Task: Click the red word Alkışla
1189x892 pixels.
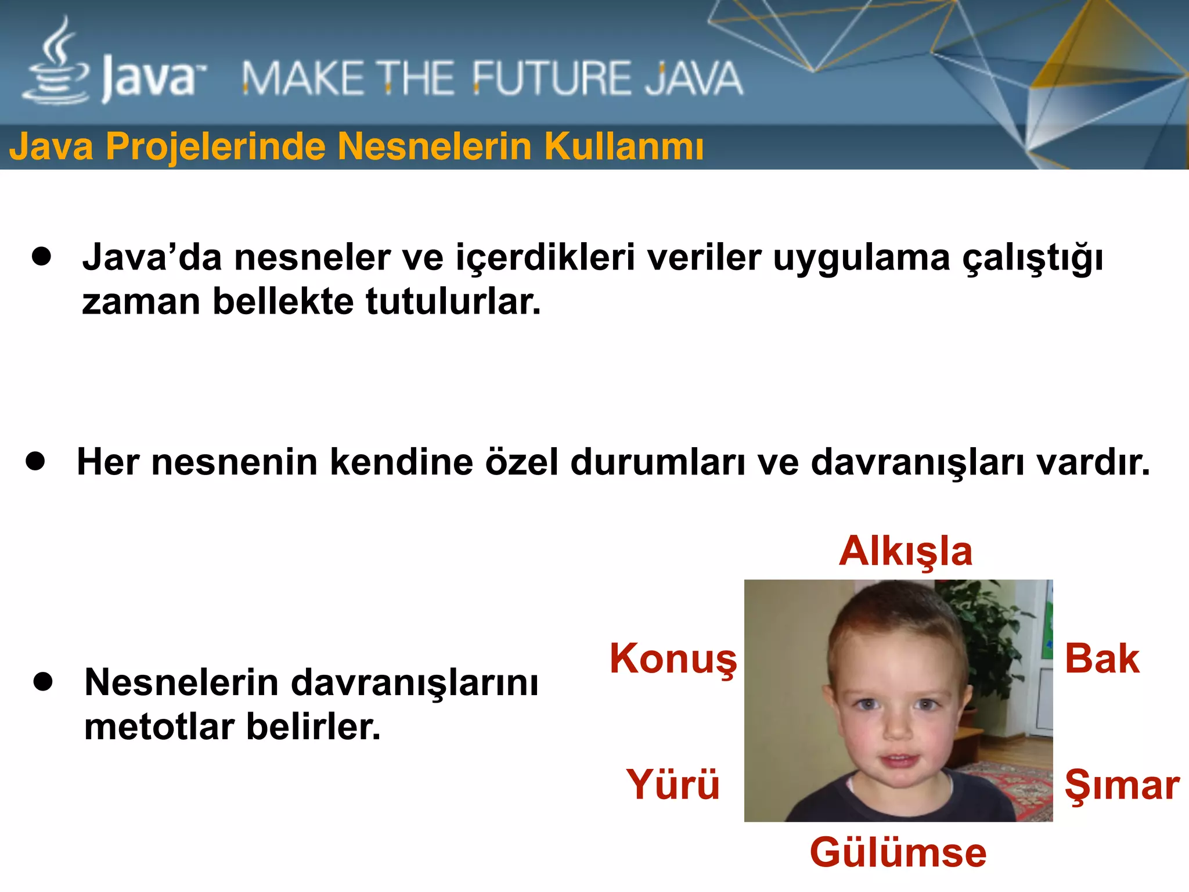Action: [x=905, y=551]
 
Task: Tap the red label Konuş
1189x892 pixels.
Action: [x=673, y=659]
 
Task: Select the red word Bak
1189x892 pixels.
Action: [x=1102, y=659]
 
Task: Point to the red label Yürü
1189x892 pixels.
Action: [x=672, y=785]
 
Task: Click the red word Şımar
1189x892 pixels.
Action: [x=1122, y=786]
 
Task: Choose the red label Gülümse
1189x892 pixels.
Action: [x=898, y=853]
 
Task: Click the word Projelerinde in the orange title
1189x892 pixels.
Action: [x=215, y=146]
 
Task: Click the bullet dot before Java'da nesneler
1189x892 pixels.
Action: [x=42, y=256]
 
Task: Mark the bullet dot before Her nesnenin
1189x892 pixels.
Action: [x=35, y=461]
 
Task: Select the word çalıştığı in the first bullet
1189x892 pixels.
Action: [x=1033, y=258]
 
